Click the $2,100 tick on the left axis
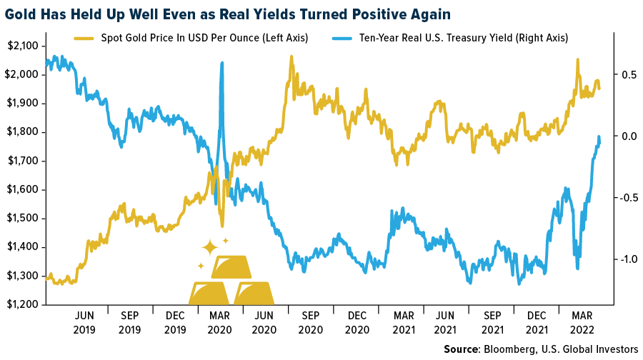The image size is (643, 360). point(24,46)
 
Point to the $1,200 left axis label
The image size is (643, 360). point(24,305)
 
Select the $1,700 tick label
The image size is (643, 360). point(24,161)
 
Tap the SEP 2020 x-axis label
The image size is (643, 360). point(310,321)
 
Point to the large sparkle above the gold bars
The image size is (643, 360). point(209,247)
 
